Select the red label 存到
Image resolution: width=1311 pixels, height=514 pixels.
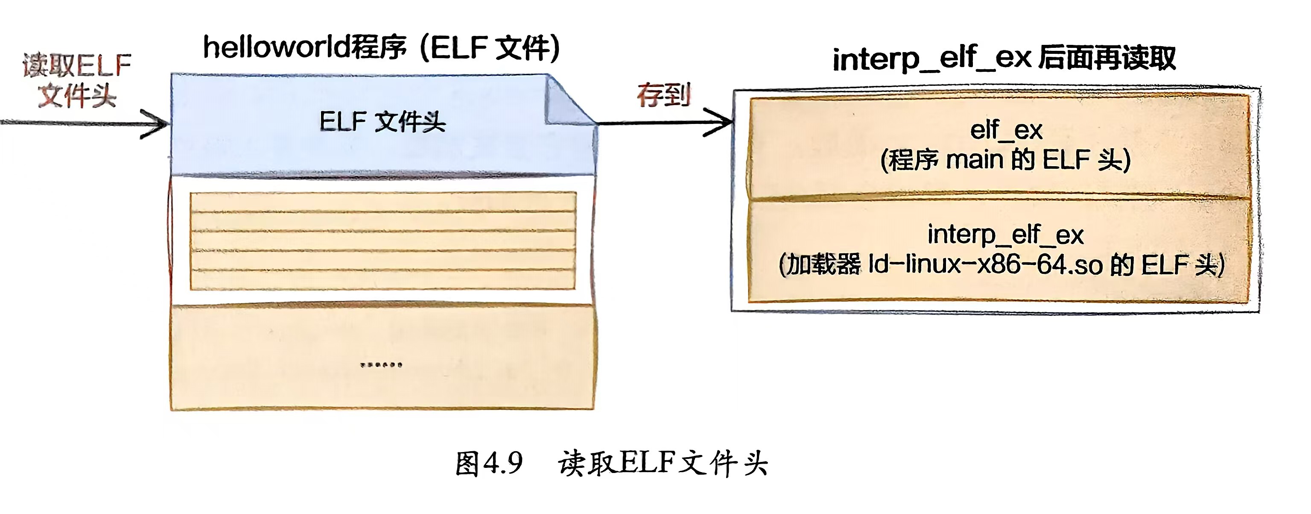tap(663, 95)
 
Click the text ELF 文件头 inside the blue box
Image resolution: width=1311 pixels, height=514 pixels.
tap(382, 122)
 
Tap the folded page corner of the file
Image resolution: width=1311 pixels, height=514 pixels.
tap(567, 102)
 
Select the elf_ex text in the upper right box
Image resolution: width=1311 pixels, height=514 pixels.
tap(1006, 130)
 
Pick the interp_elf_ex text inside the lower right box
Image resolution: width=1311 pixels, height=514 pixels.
tap(1005, 235)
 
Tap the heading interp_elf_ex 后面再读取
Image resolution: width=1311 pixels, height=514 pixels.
tap(1004, 59)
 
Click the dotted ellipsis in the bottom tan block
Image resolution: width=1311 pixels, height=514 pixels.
tap(382, 365)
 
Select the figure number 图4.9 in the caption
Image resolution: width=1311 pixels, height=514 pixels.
tap(488, 464)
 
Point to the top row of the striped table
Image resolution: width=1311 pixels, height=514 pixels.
tap(383, 202)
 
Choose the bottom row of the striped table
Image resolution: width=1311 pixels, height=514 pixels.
tap(383, 280)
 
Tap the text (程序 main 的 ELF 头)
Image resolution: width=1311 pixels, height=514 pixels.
tap(1006, 160)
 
